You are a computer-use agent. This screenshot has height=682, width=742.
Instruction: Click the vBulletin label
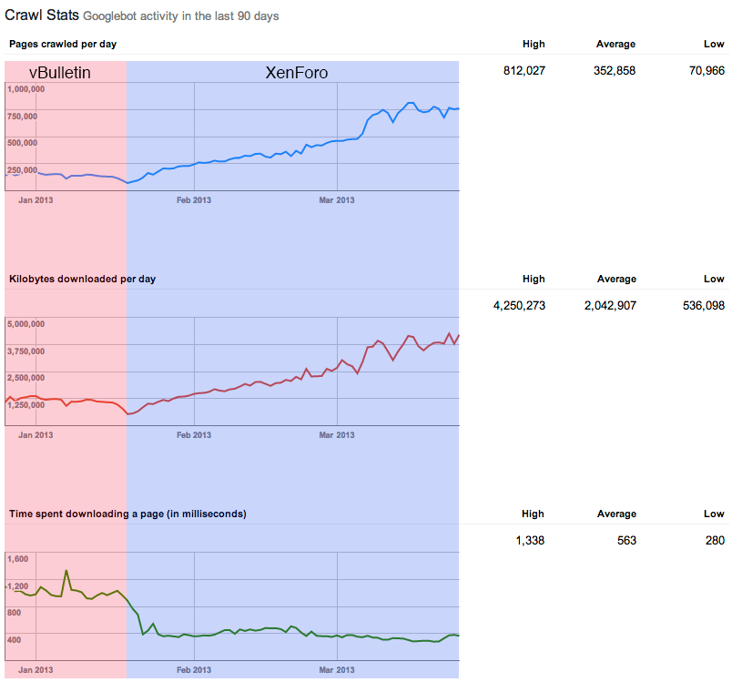click(x=60, y=73)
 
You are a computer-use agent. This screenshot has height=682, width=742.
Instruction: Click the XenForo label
click(x=296, y=73)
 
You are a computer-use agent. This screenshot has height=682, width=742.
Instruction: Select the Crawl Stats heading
click(x=42, y=15)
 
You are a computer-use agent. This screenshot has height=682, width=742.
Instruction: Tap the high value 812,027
click(x=523, y=70)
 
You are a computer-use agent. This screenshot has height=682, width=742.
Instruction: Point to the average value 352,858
click(x=615, y=70)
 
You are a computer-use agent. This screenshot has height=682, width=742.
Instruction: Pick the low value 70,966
click(x=707, y=70)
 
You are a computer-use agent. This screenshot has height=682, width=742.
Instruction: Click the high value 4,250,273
click(x=519, y=306)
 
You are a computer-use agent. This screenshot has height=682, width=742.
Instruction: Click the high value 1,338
click(x=529, y=541)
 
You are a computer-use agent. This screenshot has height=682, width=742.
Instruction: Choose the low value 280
click(x=715, y=541)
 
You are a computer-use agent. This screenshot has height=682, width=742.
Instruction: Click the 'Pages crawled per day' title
click(x=63, y=44)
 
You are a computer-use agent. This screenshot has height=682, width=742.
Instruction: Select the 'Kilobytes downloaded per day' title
click(x=82, y=279)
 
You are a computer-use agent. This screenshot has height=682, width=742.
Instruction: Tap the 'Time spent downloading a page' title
click(x=127, y=514)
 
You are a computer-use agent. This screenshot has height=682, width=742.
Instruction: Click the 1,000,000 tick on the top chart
click(x=35, y=89)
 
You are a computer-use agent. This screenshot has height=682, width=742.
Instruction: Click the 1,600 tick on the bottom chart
click(x=18, y=559)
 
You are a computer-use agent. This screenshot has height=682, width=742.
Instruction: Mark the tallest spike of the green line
click(x=66, y=571)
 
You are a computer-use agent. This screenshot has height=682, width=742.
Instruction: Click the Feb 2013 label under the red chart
click(x=193, y=435)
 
